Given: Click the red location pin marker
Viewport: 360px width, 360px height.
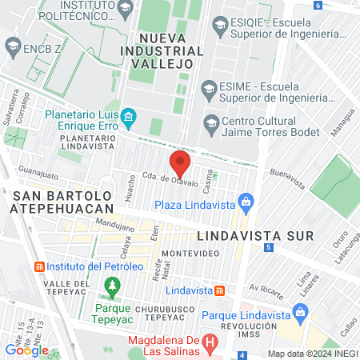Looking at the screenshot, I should pos(180,163).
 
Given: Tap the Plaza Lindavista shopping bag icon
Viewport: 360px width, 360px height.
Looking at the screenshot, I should pos(246,200).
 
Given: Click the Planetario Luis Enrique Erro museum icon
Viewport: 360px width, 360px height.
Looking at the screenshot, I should pos(130,120).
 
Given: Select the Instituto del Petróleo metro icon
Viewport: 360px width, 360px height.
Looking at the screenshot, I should pos(38,266).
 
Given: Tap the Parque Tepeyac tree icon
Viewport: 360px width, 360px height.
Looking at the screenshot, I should pos(113,286).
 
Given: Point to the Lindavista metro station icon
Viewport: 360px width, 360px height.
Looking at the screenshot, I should pos(219,290).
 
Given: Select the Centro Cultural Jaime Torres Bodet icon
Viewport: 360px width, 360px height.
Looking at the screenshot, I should pos(210,122).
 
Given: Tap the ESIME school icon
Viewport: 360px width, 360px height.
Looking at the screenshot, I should pos(210,87).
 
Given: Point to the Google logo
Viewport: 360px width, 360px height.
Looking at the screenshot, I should pos(26,350).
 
